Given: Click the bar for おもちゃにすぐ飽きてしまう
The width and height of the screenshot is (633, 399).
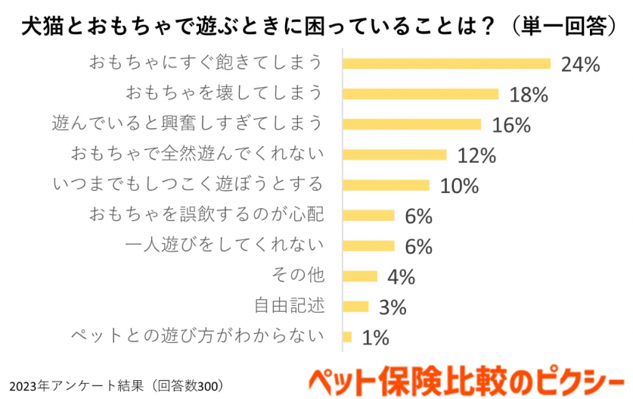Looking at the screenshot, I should pos(446,64).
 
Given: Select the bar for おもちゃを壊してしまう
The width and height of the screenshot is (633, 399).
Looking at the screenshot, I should pos(420,94).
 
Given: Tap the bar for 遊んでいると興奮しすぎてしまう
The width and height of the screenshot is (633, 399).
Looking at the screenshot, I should pos(412,124).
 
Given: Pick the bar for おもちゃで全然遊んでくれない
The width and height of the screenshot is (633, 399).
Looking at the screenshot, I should pos(395,154).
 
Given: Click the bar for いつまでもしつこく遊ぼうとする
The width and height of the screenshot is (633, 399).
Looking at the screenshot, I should pos(386,185).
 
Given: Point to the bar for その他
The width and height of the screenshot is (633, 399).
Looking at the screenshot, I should pos(360,276).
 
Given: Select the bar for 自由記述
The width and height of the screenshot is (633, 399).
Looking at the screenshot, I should pos(355,306).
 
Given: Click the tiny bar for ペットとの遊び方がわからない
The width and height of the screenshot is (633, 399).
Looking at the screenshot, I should pos(347,336).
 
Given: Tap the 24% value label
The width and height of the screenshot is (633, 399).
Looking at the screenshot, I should pos(580,64).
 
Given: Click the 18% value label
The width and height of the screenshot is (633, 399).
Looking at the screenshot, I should pos(528,95).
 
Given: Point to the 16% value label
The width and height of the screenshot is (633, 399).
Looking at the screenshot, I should pos(510,125).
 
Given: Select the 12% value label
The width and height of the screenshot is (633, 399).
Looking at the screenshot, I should pos(476,155).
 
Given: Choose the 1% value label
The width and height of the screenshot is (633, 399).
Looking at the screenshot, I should pos(375,337).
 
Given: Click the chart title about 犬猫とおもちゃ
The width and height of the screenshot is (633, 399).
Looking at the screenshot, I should pos(316,26).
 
